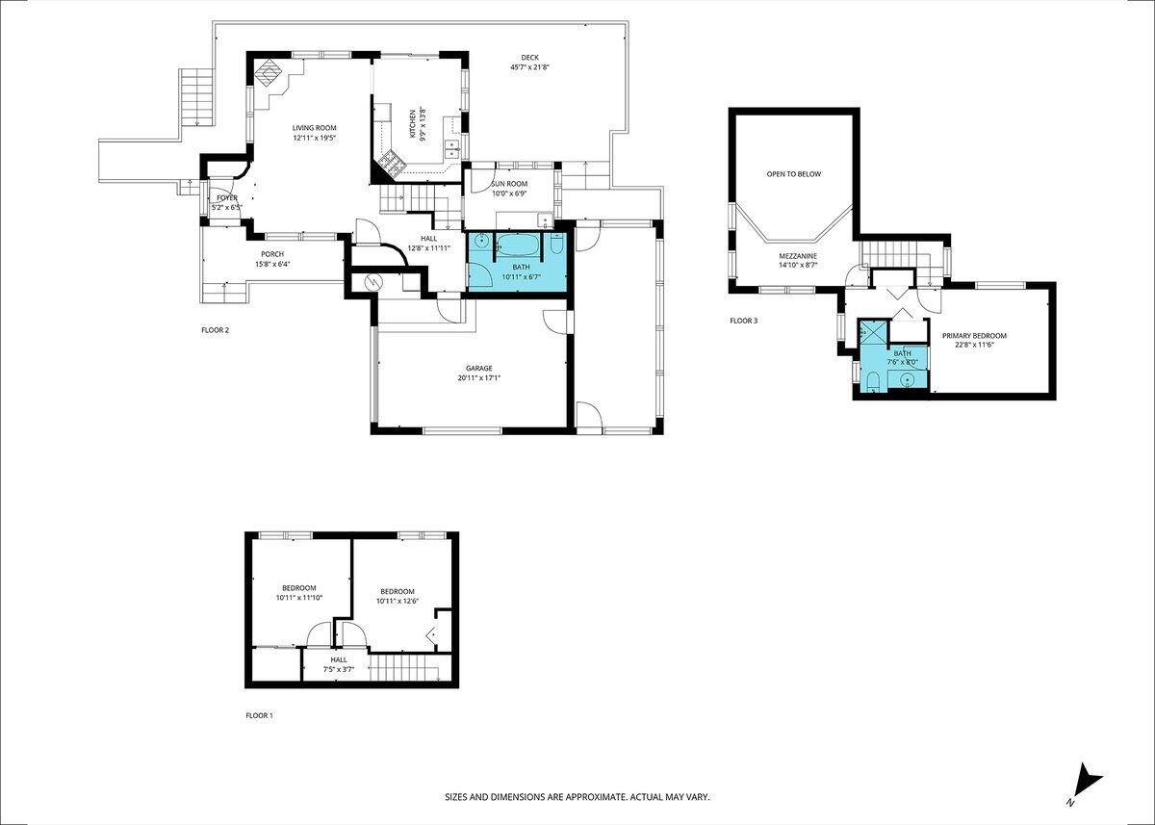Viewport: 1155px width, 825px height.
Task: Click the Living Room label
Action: pyautogui.click(x=315, y=128)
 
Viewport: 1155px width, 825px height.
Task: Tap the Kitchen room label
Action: pyautogui.click(x=413, y=123)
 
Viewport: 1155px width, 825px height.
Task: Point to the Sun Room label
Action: pyautogui.click(x=509, y=183)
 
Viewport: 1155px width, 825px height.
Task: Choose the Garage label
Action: pyautogui.click(x=478, y=368)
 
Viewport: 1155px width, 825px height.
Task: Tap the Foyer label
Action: pyautogui.click(x=226, y=197)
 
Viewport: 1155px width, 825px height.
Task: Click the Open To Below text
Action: pyautogui.click(x=793, y=174)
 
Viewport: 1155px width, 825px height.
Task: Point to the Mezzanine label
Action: pyautogui.click(x=798, y=256)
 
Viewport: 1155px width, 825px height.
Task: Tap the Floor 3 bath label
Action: pyautogui.click(x=902, y=353)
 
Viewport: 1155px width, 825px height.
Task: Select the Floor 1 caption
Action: pyautogui.click(x=260, y=716)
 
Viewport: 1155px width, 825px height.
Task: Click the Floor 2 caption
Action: pyautogui.click(x=215, y=330)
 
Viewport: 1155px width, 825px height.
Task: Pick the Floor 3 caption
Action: pyautogui.click(x=743, y=321)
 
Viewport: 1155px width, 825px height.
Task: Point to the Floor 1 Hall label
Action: pyautogui.click(x=338, y=659)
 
